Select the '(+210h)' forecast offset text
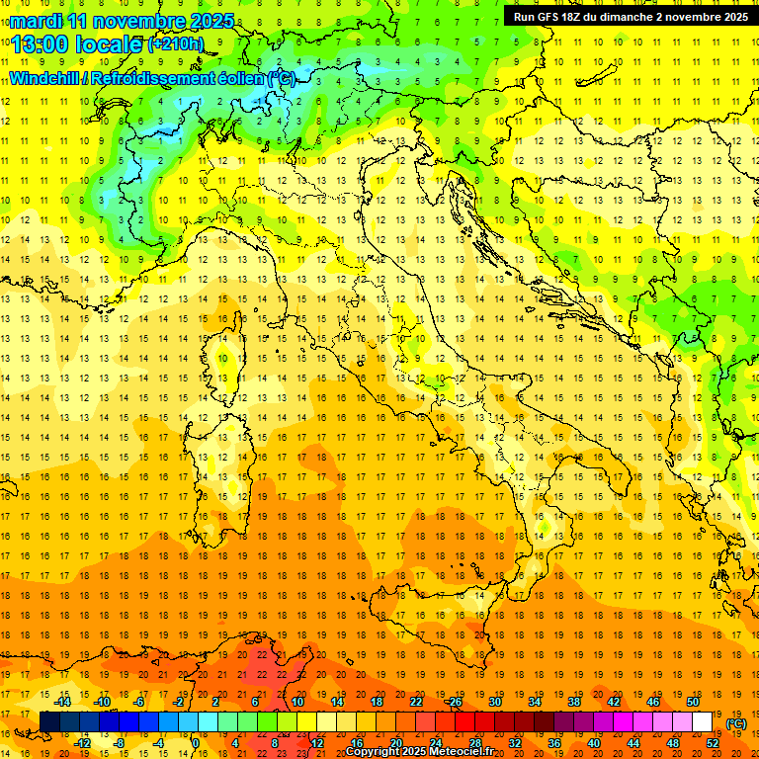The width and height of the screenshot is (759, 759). pyautogui.click(x=176, y=43)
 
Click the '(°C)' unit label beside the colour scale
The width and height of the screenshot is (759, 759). pyautogui.click(x=736, y=723)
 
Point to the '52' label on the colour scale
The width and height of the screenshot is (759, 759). pyautogui.click(x=714, y=743)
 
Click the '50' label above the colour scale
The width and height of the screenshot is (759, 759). pyautogui.click(x=693, y=702)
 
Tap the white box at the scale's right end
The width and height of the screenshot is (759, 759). pyautogui.click(x=702, y=722)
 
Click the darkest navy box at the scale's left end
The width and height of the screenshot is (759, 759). pyautogui.click(x=49, y=722)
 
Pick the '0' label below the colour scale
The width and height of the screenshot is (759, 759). pyautogui.click(x=196, y=743)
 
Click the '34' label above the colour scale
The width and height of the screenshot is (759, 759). pyautogui.click(x=535, y=702)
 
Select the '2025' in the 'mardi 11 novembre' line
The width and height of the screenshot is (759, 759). pyautogui.click(x=211, y=21)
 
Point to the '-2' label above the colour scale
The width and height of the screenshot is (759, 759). pyautogui.click(x=178, y=702)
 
